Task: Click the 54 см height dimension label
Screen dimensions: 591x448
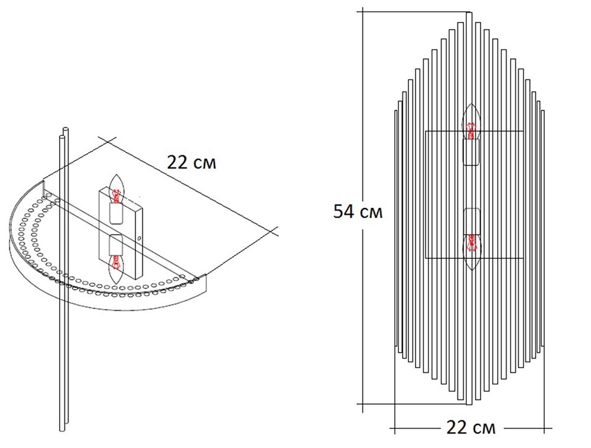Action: coord(358,212)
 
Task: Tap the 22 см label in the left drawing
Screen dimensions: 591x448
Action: coord(191,163)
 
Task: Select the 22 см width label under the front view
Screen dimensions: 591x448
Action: coord(471,427)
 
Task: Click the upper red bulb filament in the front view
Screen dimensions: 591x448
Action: coord(470,131)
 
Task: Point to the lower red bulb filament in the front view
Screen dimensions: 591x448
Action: coord(471,243)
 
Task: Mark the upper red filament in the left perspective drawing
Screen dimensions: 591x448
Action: coord(117,195)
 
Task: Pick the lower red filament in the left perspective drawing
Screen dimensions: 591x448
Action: coord(116,262)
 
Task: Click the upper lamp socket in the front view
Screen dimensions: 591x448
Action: coord(471,152)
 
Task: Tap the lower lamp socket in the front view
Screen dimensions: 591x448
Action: coord(471,221)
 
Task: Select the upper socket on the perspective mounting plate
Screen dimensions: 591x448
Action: coord(116,213)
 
